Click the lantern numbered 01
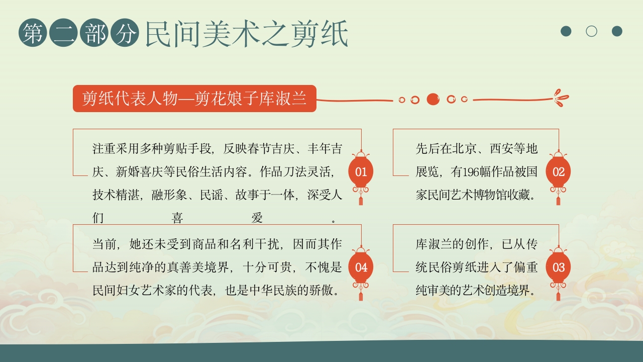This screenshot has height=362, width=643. pos(361,172)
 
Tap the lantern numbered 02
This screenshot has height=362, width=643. pos(558,172)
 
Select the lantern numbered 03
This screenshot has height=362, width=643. pos(558,267)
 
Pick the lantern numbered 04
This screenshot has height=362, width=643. pos(361,267)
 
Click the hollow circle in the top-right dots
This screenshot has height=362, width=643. pos(591,31)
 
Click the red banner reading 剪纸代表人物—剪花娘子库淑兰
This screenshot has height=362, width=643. pos(194,99)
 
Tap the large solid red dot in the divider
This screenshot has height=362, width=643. pos(433,99)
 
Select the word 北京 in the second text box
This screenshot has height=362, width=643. pos(463,149)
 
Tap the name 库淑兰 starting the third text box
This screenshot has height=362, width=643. pos(434,244)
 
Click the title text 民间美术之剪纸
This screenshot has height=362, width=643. pos(247,34)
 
